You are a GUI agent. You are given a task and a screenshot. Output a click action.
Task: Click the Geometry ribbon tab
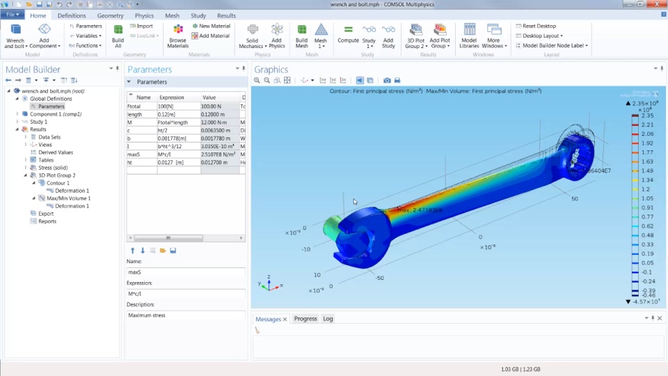click(110, 15)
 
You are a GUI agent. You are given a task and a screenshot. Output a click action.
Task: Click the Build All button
click(118, 36)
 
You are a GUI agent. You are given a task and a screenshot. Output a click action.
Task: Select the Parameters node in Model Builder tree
click(51, 107)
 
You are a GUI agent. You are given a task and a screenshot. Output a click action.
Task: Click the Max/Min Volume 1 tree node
click(68, 198)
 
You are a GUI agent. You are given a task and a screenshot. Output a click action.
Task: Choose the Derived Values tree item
click(56, 152)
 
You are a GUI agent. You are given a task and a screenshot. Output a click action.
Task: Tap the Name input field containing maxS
click(186, 272)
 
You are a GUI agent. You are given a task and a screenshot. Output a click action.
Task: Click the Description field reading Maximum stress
click(186, 315)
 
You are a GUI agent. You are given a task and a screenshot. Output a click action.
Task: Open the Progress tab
click(305, 319)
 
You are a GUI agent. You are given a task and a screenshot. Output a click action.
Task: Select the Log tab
click(328, 319)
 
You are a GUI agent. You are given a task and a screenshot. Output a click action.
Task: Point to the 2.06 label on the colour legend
click(647, 134)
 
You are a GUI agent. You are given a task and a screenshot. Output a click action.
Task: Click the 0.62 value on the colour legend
click(647, 226)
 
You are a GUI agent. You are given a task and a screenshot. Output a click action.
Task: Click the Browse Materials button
click(178, 36)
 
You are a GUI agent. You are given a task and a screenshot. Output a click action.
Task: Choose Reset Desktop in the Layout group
click(539, 26)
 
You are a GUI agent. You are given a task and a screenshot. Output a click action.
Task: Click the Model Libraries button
click(469, 36)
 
